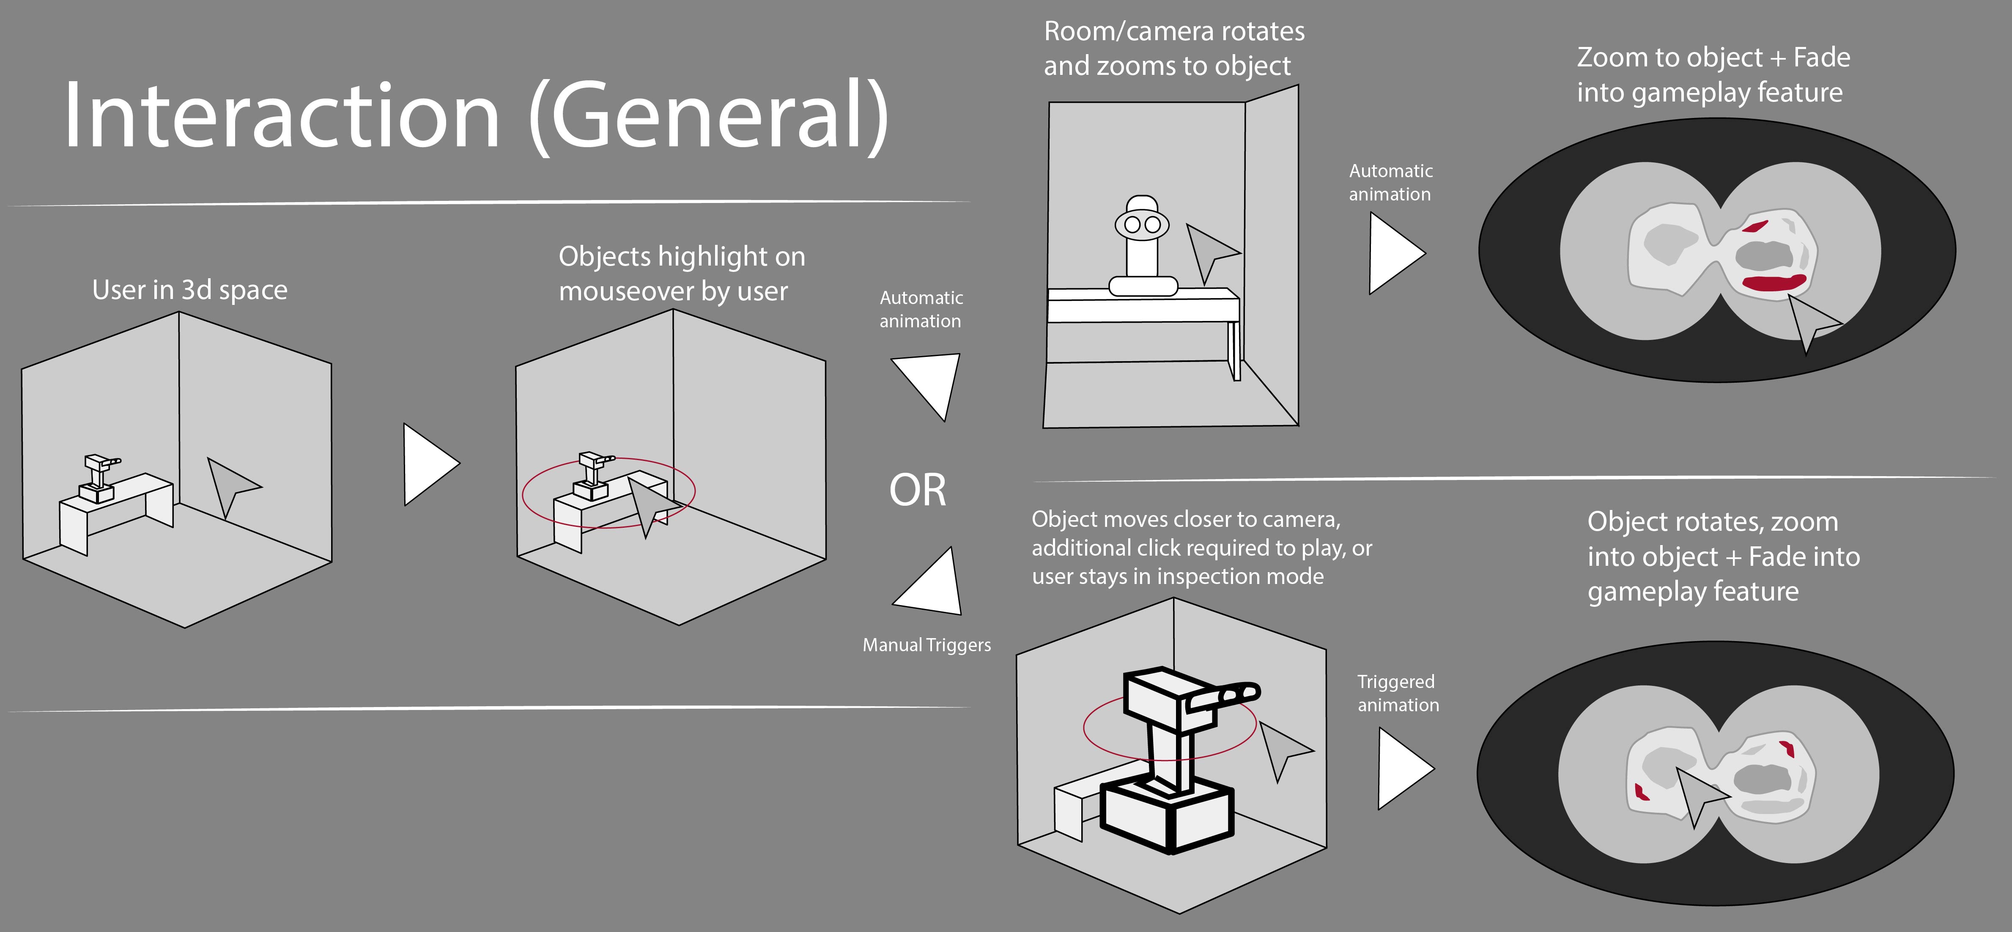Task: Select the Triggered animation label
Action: point(1397,693)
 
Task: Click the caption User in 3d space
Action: point(190,290)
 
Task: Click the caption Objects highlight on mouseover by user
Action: point(681,274)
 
